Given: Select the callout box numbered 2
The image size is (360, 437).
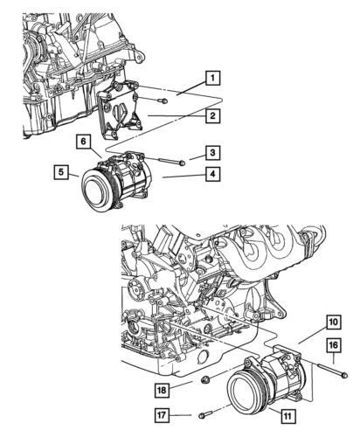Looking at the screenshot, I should tap(211, 114).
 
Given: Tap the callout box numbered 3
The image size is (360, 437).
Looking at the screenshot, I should tap(211, 154).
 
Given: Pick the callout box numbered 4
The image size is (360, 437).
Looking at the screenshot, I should tap(211, 174).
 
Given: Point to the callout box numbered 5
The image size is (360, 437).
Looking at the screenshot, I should tap(60, 172).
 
